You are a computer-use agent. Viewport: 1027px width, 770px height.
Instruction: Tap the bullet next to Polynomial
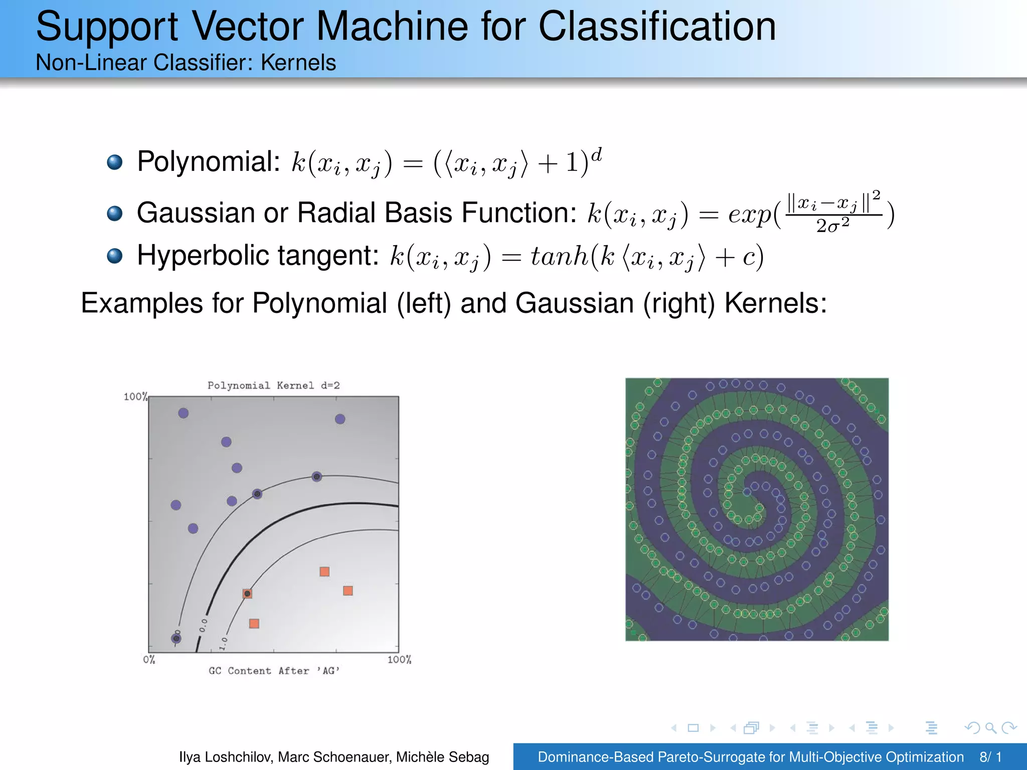(x=115, y=162)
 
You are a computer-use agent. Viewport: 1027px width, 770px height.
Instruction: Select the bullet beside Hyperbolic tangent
(x=115, y=256)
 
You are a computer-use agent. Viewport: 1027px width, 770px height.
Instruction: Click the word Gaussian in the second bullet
(x=196, y=213)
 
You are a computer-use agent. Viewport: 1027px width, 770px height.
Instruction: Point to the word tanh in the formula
(x=559, y=256)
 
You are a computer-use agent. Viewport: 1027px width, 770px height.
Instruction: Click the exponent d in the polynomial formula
(x=596, y=154)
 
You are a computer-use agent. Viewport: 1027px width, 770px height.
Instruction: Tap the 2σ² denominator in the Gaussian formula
(x=832, y=226)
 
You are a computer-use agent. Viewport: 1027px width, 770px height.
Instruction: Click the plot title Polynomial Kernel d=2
(x=273, y=386)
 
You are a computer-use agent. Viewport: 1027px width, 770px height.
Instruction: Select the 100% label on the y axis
(x=135, y=397)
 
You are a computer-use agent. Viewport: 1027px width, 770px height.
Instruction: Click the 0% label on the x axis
(x=149, y=660)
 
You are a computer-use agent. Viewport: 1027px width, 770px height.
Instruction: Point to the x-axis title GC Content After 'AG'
(x=274, y=671)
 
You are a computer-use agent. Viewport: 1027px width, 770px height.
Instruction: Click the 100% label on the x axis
(x=399, y=660)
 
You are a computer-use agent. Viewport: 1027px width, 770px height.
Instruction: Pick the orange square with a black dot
(x=247, y=594)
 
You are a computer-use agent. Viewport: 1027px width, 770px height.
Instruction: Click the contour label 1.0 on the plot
(x=224, y=643)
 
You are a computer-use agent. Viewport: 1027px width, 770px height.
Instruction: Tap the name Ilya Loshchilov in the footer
(x=226, y=757)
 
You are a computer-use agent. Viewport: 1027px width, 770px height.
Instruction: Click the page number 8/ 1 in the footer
(x=990, y=757)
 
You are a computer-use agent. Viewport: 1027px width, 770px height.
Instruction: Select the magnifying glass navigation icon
(x=990, y=728)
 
